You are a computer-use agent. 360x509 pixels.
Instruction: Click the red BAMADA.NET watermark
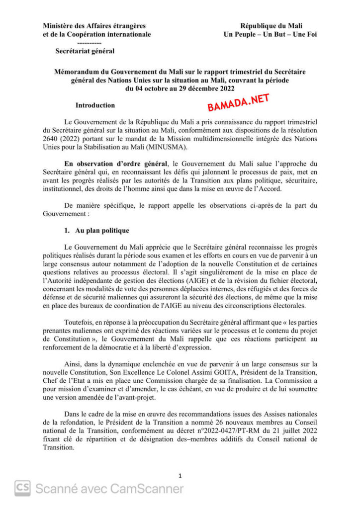[x=238, y=103]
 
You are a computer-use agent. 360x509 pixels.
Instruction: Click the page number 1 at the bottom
[x=180, y=476]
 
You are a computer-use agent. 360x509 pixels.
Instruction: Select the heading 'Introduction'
[x=95, y=105]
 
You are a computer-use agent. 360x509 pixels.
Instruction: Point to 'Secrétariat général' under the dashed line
[x=85, y=51]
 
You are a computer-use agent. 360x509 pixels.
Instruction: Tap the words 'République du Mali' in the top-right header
[x=271, y=26]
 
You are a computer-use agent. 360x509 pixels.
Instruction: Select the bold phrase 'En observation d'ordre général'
[x=116, y=164]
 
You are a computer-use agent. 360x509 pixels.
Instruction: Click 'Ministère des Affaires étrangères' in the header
[x=94, y=26]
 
